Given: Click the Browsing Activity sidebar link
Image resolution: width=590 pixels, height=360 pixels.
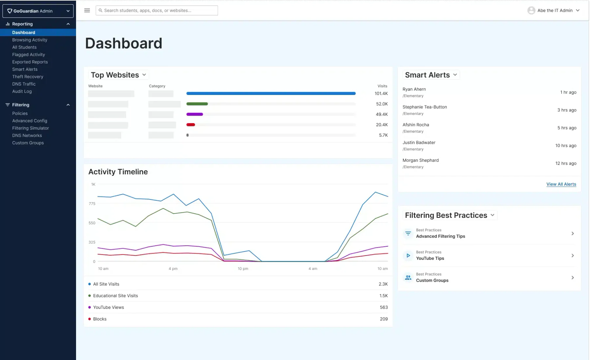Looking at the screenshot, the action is coord(30,40).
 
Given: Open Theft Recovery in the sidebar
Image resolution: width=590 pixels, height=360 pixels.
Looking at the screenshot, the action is coord(28,77).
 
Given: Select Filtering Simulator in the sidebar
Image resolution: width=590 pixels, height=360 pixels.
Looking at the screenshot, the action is coord(30,128).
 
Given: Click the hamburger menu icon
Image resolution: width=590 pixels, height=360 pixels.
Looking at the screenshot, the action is coord(87,10).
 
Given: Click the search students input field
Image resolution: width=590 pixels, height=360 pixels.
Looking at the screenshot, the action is coord(157,10).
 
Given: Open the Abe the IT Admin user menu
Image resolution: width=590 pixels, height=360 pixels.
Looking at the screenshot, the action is coord(554,10).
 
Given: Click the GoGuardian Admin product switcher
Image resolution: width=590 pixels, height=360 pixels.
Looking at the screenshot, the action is coord(38,11).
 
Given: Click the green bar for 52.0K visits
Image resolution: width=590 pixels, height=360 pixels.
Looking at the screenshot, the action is coord(197,104).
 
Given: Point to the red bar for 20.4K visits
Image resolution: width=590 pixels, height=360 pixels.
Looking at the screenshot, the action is coord(191,125).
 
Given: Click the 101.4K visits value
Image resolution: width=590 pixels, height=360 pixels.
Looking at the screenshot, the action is coord(381,94).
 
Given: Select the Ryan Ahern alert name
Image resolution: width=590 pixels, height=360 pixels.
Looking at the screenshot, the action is coord(414,89).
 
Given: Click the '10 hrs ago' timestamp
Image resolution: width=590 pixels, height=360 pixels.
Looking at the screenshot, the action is coord(566,146).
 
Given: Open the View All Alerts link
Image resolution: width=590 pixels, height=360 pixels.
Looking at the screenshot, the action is coord(561,184).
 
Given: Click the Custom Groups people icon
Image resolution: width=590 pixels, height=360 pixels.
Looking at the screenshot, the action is coord(408,277).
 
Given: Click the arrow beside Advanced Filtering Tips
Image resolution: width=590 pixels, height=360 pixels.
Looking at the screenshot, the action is coord(573,234).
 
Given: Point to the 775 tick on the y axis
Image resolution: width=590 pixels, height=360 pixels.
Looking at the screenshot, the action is coord(92,204).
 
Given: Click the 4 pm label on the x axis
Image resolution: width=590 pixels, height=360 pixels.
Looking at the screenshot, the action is coord(173,269).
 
